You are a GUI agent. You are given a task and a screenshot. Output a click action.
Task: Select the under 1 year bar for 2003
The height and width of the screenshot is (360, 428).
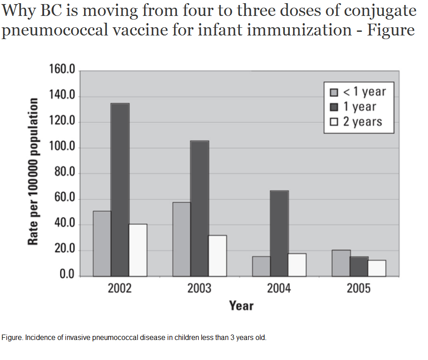(x=181, y=239)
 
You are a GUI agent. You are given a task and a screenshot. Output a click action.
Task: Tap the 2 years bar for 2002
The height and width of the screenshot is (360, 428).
(x=138, y=250)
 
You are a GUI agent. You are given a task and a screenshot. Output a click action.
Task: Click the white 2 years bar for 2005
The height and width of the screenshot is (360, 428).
(x=377, y=268)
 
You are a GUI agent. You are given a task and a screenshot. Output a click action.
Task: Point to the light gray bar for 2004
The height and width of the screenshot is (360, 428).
(x=261, y=266)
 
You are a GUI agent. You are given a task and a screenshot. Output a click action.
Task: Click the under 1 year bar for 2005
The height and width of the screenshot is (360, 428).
(x=341, y=263)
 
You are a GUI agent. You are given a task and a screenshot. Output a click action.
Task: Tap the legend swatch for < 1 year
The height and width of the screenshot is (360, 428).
(x=333, y=92)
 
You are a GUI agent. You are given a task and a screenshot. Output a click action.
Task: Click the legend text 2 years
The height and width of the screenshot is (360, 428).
(x=362, y=122)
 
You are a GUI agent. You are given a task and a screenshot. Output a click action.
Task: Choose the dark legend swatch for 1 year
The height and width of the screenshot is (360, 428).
(x=333, y=107)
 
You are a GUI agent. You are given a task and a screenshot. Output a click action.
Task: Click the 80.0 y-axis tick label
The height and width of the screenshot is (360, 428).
(x=64, y=173)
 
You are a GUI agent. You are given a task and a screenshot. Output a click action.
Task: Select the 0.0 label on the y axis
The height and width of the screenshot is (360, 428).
(x=66, y=275)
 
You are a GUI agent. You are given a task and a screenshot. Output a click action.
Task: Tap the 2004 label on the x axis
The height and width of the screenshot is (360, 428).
(x=279, y=289)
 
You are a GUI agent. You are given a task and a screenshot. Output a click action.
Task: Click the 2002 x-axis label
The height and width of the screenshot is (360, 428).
(x=119, y=289)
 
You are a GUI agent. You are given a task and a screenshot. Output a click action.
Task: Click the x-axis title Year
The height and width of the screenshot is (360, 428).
(x=241, y=305)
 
